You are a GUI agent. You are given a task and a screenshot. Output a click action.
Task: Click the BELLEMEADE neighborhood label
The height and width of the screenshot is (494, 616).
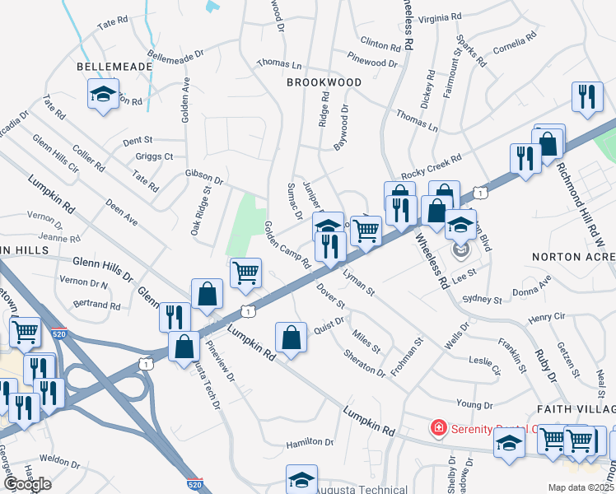[x=114, y=66]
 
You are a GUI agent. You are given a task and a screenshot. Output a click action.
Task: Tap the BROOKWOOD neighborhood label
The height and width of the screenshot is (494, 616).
[x=324, y=82]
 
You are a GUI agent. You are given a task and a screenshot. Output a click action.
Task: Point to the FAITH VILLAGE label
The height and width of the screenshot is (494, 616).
[x=576, y=408]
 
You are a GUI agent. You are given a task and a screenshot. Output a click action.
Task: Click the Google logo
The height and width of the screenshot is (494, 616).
[x=27, y=484]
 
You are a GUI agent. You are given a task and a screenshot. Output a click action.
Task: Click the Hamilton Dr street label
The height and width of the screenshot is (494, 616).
[x=310, y=442]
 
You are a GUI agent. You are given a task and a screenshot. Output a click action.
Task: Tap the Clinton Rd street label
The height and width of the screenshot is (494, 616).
[x=380, y=43]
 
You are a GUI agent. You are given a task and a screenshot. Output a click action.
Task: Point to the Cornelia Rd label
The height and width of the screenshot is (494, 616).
[x=516, y=43]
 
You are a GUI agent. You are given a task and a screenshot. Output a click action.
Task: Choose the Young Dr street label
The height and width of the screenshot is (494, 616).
[x=474, y=404]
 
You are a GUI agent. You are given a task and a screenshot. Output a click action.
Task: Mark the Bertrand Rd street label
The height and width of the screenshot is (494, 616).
[x=97, y=304]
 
